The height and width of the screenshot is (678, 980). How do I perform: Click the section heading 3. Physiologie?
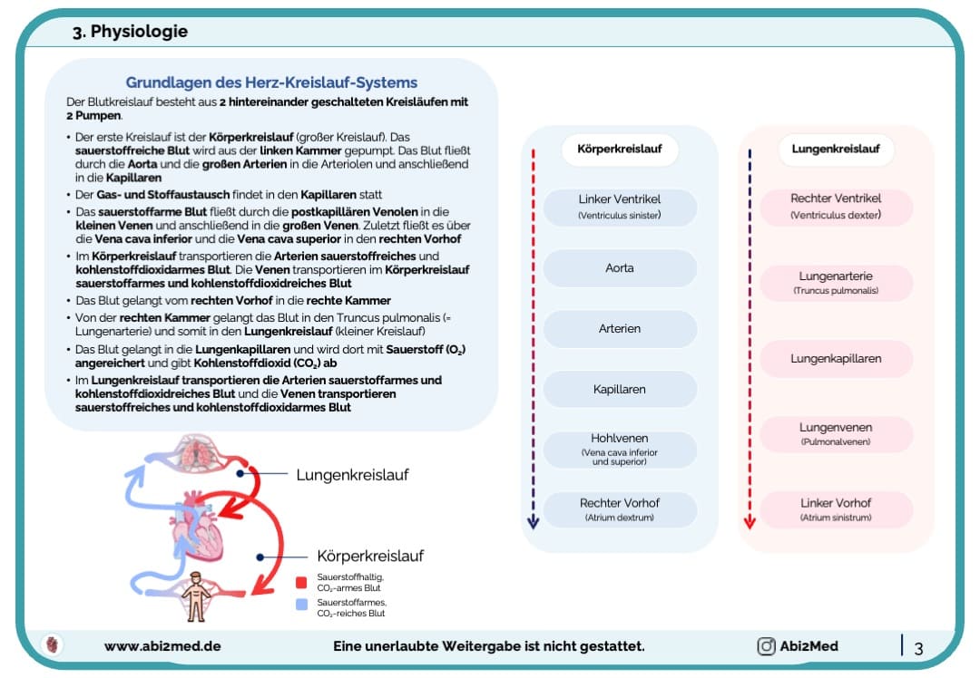point(131,32)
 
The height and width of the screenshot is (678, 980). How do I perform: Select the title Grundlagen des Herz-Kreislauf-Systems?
point(271,82)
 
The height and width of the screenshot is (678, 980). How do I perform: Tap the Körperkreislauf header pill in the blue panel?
point(619,150)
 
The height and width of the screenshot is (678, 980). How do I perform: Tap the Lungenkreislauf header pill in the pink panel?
point(835,150)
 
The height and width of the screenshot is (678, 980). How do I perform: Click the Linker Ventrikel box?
point(619,207)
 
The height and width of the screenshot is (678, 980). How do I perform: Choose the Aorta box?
point(619,268)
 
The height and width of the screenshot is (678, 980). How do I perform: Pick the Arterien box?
point(619,329)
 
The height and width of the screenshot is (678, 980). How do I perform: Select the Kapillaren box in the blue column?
point(619,389)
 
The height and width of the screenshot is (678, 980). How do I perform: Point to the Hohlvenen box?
point(619,449)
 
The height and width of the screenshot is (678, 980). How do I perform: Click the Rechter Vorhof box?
point(619,508)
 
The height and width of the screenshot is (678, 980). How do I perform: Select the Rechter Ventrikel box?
point(835,207)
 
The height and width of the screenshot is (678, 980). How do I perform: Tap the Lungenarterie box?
point(835,282)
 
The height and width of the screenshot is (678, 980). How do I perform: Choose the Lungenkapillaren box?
point(835,358)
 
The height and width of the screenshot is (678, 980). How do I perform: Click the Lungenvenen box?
point(835,433)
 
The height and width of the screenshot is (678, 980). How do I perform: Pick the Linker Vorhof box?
point(835,508)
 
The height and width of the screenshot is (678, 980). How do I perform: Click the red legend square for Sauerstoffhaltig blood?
point(301,583)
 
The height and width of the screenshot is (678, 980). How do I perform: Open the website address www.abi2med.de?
point(162,646)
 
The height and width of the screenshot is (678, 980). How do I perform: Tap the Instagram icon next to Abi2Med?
point(767,646)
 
